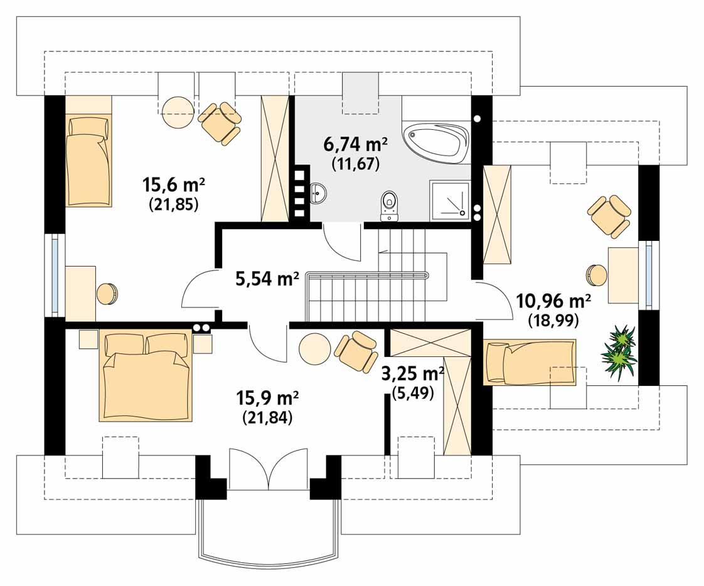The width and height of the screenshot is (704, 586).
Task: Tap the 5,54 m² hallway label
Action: coord(267,279)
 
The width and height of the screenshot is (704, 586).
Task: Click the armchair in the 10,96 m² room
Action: coord(609,215)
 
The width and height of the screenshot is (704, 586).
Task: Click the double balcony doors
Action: coord(268,469)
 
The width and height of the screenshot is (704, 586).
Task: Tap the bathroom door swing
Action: coord(342,243)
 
